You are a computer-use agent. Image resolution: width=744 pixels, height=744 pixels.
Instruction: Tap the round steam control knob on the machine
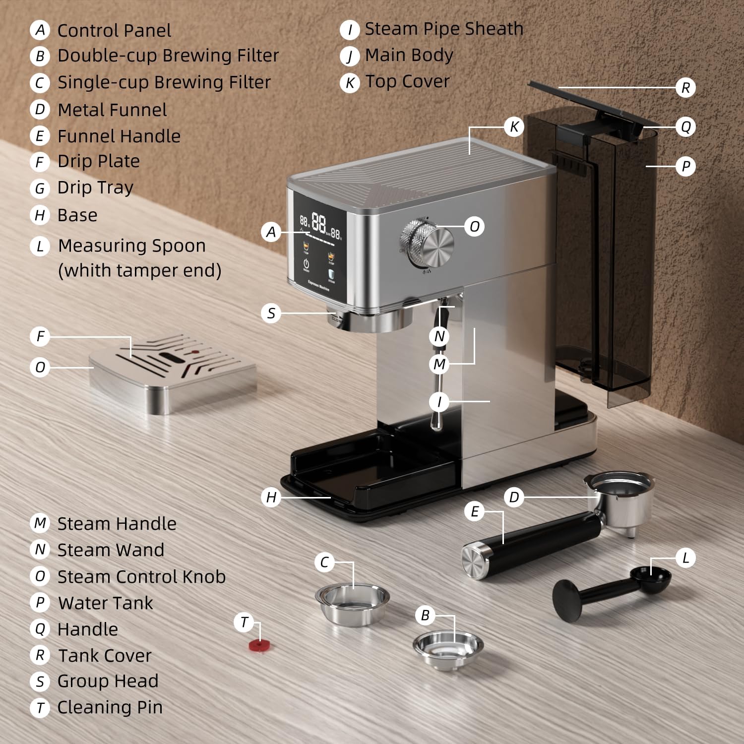coord(427,244)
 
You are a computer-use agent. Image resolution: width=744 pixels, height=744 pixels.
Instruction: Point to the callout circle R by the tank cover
coord(685,88)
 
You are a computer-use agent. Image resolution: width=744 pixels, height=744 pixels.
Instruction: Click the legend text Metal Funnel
coord(112,110)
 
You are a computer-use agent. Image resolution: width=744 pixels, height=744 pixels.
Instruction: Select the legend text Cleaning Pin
coord(110,707)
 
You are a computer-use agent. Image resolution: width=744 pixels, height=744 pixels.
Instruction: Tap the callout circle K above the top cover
coord(514,127)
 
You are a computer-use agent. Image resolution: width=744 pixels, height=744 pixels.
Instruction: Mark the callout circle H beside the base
coord(271,497)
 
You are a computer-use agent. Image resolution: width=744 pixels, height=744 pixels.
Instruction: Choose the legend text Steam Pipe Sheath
coord(444,29)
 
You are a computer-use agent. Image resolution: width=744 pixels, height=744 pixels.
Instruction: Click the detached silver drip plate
coord(173,372)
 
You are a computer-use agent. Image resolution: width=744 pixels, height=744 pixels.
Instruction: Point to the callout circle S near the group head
coord(271,313)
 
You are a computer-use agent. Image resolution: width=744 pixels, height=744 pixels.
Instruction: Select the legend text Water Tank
coord(106,603)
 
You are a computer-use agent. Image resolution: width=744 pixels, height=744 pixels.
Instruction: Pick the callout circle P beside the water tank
coord(685,166)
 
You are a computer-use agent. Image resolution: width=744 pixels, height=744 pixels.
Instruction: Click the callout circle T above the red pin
coord(244,622)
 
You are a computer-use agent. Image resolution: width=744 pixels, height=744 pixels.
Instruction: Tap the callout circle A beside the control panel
coord(271,232)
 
